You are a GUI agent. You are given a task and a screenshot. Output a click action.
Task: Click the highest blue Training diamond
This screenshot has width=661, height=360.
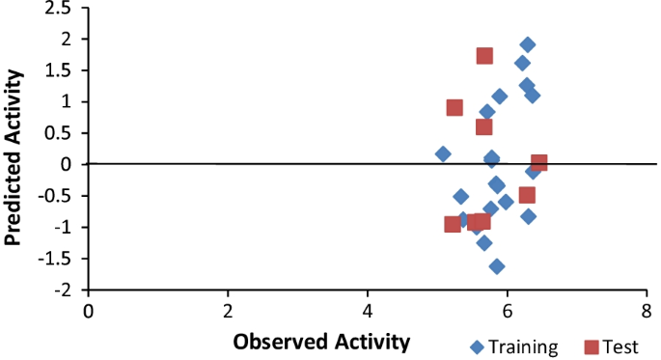point(528,44)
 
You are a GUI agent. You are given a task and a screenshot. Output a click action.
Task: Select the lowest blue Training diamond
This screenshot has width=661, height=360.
point(497,266)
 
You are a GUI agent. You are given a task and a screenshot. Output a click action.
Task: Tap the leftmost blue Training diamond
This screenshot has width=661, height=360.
point(443,154)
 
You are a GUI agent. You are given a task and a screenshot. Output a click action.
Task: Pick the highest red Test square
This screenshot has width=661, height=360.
point(484,56)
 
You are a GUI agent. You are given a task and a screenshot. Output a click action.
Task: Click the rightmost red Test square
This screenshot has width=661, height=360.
point(538,163)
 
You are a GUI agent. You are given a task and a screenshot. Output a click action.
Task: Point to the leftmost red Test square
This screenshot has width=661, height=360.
point(453,224)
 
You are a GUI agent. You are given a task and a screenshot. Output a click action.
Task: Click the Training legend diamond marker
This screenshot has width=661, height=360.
point(476,346)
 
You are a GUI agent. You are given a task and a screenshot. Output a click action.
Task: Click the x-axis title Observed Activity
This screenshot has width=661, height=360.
point(322,341)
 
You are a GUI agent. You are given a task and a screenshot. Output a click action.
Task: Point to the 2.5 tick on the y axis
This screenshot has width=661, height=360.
point(62,9)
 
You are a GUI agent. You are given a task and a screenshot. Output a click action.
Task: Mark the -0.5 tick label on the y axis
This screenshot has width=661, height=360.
point(60,196)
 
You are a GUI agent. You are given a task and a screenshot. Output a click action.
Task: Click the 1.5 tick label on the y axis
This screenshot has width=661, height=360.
point(62,70)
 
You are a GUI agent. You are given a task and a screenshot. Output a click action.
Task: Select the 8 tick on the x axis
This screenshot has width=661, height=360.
point(646,311)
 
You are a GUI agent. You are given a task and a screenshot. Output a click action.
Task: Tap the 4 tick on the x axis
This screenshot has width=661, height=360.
point(368,311)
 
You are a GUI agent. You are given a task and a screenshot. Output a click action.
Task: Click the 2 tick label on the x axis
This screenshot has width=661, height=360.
point(228,311)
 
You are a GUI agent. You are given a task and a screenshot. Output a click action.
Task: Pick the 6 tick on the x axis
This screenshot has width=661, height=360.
point(507,311)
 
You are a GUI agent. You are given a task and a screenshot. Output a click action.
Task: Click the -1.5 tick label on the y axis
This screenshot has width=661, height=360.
point(60,259)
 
